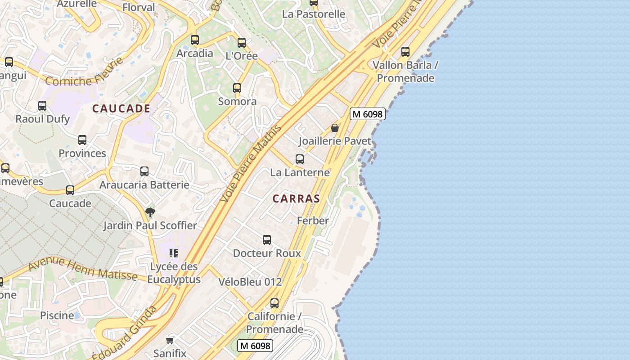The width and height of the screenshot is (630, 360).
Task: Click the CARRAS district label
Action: point(296,198)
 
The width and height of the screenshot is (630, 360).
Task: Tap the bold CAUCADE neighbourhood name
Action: point(121,108)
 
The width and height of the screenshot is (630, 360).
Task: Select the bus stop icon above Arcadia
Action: point(194,40)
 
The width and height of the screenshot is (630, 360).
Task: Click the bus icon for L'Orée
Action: point(242,43)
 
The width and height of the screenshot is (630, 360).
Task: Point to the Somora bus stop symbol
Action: point(237,88)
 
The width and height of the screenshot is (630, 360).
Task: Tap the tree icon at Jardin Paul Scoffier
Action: point(150,212)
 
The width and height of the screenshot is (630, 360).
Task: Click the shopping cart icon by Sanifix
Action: point(170,340)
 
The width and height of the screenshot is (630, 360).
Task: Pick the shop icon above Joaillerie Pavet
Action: point(335,128)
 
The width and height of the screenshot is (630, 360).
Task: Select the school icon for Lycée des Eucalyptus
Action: point(174,253)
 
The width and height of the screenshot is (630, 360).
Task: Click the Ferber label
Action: point(313,220)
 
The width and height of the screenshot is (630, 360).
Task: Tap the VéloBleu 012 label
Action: point(250,282)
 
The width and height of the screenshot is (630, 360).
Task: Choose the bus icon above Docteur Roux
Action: point(267,240)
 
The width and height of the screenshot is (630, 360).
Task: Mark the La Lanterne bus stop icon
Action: point(300,159)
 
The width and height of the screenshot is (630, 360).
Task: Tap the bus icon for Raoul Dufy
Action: point(42,106)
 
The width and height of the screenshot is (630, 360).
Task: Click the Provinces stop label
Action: point(82,153)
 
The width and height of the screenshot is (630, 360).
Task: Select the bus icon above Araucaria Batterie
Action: point(144,171)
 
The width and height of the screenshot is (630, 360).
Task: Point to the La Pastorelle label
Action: point(314,14)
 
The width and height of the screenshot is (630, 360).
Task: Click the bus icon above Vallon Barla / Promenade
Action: point(405,52)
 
